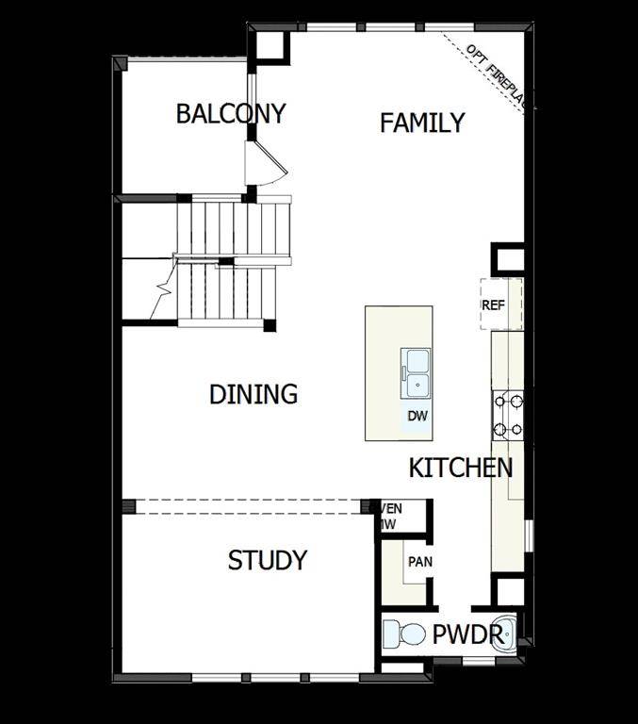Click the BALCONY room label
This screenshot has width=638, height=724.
(x=231, y=114)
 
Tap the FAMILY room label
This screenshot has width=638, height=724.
(x=422, y=123)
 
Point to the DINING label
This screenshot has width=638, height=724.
(x=254, y=394)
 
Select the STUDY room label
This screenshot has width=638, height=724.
(x=268, y=560)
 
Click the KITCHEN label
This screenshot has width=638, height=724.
(x=461, y=468)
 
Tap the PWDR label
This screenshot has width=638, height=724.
(x=467, y=635)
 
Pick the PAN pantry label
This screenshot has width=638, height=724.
(x=419, y=562)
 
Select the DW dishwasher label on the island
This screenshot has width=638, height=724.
(x=417, y=416)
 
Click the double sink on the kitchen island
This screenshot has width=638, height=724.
(x=417, y=370)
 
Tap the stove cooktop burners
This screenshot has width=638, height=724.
(x=507, y=416)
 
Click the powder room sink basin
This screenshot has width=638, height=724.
(x=503, y=631)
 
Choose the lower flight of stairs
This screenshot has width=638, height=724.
(x=226, y=294)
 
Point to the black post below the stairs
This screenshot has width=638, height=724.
(x=270, y=326)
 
